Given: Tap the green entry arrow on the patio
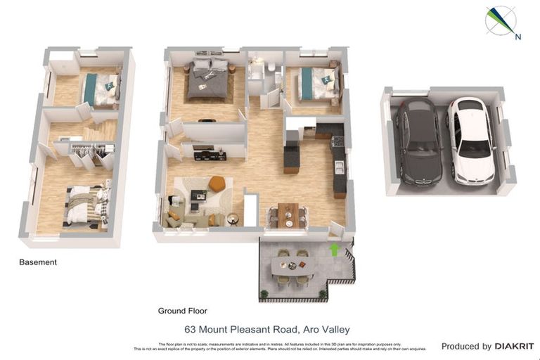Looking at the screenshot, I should coord(334,249).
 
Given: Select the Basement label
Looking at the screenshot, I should coord(38,262).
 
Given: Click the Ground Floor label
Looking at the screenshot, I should coord(182,311).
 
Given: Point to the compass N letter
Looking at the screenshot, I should coord(518,37).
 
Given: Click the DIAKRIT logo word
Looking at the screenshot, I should coord(514,346).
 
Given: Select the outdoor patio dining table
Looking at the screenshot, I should coord(292,266).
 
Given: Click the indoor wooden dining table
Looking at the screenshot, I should coord(288,214).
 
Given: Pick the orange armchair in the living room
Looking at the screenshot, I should coord(217,184).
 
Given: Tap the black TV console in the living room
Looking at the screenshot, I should coord(210,155).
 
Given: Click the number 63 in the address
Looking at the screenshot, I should coord(189,329).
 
